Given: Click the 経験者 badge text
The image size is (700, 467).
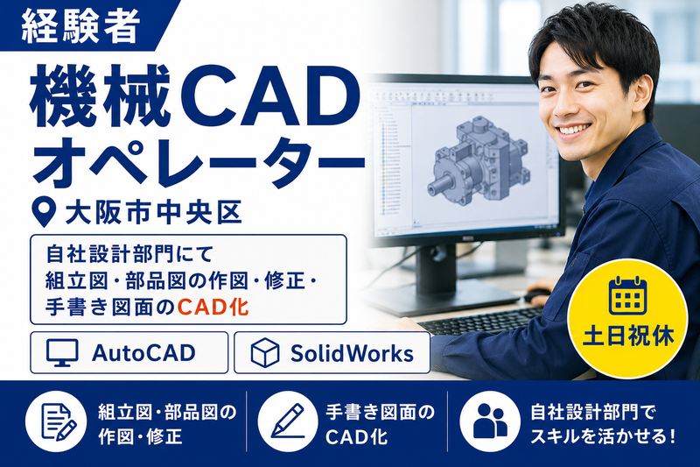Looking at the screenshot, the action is pyautogui.click(x=80, y=27).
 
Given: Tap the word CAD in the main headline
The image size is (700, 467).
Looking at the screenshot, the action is pyautogui.click(x=264, y=97).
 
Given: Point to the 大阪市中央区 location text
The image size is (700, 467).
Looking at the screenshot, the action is pyautogui.click(x=154, y=213).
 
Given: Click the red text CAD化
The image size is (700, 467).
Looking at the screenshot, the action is pyautogui.click(x=213, y=307).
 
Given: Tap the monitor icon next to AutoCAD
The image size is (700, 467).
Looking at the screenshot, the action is pyautogui.click(x=62, y=353).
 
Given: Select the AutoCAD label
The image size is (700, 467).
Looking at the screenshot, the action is pyautogui.click(x=143, y=353).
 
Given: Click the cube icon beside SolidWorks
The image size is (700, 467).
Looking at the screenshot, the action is pyautogui.click(x=265, y=353).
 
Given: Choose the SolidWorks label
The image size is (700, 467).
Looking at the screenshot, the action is pyautogui.click(x=352, y=353).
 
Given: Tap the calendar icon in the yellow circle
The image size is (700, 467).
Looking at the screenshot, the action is pyautogui.click(x=628, y=295).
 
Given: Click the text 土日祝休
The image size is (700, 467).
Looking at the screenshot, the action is pyautogui.click(x=628, y=336).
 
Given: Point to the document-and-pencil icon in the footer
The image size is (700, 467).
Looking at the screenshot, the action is pyautogui.click(x=58, y=421).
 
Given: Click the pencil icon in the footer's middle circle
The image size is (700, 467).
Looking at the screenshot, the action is pyautogui.click(x=288, y=420).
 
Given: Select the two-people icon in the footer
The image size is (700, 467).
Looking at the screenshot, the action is pyautogui.click(x=490, y=421).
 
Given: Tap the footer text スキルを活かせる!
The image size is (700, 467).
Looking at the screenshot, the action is pyautogui.click(x=603, y=436).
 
